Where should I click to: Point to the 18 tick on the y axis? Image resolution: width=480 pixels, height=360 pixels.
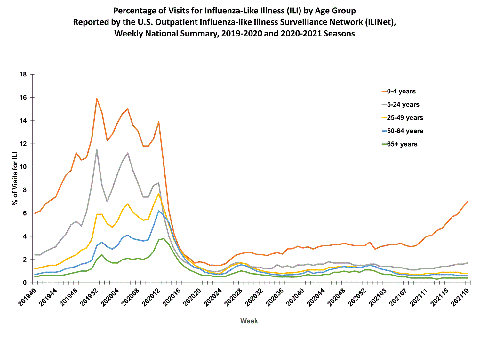click(23, 74)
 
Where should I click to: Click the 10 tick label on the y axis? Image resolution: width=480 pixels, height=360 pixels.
click(23, 167)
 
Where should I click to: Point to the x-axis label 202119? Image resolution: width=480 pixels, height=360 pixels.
click(460, 297)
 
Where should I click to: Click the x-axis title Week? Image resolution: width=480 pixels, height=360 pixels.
click(249, 321)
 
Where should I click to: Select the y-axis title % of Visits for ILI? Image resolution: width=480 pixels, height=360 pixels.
click(15, 179)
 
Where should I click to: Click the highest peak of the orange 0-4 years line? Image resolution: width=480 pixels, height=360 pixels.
click(97, 99)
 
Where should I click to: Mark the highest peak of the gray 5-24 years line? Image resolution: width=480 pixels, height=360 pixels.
click(97, 149)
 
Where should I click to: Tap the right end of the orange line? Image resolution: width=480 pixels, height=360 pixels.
click(468, 202)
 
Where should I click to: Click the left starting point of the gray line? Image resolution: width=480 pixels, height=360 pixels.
click(35, 255)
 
